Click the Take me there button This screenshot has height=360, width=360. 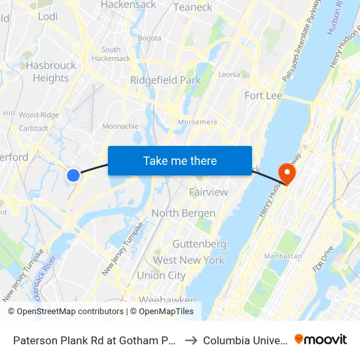(x=180, y=161)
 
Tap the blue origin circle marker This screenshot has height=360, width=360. (x=73, y=175)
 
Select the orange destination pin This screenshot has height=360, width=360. (x=287, y=173)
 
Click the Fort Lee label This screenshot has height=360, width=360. (x=263, y=96)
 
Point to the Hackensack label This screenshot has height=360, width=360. (x=128, y=5)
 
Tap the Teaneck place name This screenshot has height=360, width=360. (x=192, y=7)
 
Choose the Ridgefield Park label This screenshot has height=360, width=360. (x=165, y=80)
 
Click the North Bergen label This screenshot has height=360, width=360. (x=183, y=213)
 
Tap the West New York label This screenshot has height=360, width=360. (x=189, y=260)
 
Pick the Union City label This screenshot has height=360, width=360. (x=161, y=276)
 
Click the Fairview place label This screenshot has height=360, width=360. (x=208, y=192)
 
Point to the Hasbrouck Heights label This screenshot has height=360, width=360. (x=50, y=71)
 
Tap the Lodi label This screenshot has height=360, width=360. (x=48, y=16)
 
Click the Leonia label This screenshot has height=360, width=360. (x=229, y=75)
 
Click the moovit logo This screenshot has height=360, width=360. (x=320, y=340)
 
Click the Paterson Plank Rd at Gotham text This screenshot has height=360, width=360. (x=91, y=340)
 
